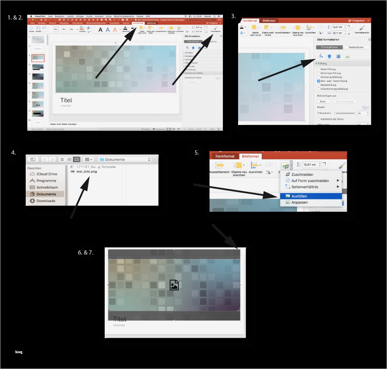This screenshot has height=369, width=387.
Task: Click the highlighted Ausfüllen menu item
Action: [299, 196]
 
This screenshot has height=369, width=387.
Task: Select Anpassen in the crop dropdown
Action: [299, 202]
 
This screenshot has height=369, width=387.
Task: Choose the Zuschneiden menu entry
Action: [302, 174]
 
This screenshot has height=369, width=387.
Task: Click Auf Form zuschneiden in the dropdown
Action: [310, 181]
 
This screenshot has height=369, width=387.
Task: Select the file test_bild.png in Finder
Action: [86, 171]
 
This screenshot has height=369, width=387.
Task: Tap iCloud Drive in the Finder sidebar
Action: [47, 174]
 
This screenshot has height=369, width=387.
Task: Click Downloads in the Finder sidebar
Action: [46, 201]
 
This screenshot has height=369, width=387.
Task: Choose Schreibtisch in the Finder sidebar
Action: [47, 187]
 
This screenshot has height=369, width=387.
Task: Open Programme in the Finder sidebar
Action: [46, 181]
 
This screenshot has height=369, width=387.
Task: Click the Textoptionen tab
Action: [356, 47]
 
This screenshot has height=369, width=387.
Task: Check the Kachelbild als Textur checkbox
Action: [319, 119]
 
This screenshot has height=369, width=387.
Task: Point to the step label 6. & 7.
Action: [86, 252]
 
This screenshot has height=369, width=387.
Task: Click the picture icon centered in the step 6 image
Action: [174, 285]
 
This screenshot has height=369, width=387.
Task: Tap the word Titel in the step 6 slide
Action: [120, 319]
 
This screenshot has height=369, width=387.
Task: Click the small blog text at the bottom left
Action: [19, 352]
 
